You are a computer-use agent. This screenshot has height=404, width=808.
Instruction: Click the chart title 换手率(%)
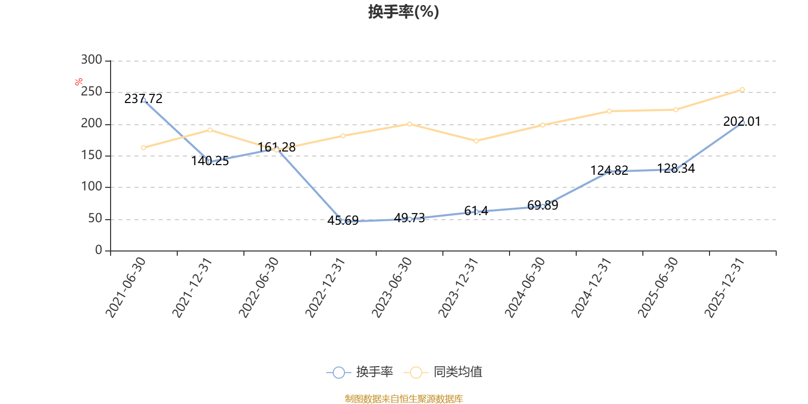point(403,12)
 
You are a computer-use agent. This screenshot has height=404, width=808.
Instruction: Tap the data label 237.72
point(143,98)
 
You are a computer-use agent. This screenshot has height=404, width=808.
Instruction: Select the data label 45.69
point(343,220)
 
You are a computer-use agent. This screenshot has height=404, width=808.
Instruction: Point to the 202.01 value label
point(742,122)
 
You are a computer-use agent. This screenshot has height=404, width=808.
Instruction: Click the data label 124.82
point(609,170)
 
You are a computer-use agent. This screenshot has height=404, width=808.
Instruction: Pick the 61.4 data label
point(476,211)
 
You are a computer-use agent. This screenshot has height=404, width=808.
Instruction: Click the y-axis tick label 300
point(91,60)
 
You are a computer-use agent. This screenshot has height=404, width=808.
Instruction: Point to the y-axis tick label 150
point(91,155)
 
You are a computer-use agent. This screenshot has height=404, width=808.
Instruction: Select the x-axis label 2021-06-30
point(126,287)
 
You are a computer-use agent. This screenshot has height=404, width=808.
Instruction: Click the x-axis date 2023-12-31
point(458,287)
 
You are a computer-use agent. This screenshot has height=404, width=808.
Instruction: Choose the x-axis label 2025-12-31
point(724,287)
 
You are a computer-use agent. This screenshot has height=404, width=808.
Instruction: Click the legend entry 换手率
point(359,372)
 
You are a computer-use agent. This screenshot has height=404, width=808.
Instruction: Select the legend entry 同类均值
point(442,372)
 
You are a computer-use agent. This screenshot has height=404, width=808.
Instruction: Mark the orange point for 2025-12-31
point(742,90)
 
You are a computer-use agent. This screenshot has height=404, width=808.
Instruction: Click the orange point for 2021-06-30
point(143,147)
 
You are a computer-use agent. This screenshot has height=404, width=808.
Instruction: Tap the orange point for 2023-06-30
point(410,124)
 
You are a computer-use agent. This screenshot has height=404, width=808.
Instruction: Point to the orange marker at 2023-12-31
point(476,141)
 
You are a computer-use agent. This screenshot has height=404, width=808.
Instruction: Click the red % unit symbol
point(79,82)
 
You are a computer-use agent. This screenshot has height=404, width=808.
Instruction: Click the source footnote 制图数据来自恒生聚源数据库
point(403,398)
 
